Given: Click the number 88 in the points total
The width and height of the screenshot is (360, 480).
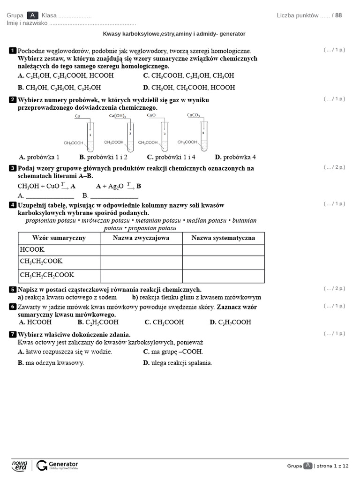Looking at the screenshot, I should [x=338, y=15].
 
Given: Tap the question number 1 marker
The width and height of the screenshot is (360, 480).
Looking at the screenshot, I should [x=13, y=51].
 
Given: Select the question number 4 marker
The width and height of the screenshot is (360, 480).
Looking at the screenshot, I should [x=13, y=205].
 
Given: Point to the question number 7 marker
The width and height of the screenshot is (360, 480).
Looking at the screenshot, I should [x=13, y=335].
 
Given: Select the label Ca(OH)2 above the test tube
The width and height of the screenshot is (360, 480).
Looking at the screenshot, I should [x=118, y=115].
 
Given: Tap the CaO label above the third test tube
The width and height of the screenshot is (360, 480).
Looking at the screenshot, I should [x=151, y=115].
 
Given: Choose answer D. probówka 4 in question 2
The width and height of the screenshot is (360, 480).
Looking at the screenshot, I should [x=235, y=157].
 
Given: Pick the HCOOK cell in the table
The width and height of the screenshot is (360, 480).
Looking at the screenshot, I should [x=59, y=250].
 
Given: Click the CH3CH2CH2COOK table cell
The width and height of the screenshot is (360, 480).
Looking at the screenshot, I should [x=59, y=276].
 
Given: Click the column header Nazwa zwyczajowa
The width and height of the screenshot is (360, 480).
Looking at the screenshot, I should [x=141, y=238].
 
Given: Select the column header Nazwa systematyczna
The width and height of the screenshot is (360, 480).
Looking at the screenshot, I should [x=223, y=238].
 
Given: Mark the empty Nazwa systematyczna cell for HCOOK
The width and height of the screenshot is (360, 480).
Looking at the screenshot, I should [x=223, y=250].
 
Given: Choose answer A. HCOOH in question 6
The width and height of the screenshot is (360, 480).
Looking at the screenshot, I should [x=35, y=322].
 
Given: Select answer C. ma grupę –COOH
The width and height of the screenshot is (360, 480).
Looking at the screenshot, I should [x=173, y=352].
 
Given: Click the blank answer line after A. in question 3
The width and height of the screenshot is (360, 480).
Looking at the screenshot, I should [x=50, y=196].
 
